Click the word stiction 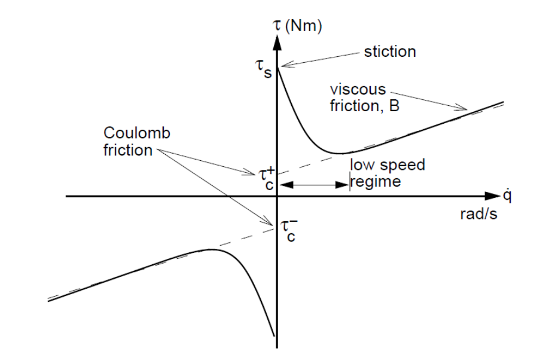coord(389,52)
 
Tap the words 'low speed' coord(388,165)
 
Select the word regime coord(374,181)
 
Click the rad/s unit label coord(478,215)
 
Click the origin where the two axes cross coord(277,196)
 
